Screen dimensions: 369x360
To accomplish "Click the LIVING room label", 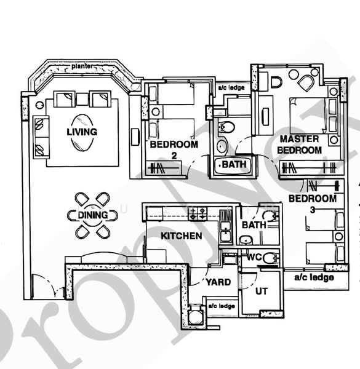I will [x=82, y=132].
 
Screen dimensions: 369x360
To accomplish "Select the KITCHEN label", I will [x=181, y=236].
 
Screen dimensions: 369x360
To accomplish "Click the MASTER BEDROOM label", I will [x=300, y=145].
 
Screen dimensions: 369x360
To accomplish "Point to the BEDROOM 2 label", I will [x=174, y=149].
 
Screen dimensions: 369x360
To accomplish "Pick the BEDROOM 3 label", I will [x=312, y=204].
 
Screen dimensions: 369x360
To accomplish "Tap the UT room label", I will [x=261, y=291].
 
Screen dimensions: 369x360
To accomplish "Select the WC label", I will [x=254, y=258].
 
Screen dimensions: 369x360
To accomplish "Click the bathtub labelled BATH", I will [x=233, y=165].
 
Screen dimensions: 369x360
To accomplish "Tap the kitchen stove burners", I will [x=199, y=214].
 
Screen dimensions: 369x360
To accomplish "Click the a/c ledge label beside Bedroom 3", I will [x=313, y=277].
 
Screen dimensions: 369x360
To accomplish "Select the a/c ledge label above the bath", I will [x=231, y=88].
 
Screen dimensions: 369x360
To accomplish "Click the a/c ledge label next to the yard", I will [x=222, y=306].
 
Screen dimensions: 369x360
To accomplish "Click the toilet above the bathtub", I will [x=226, y=129].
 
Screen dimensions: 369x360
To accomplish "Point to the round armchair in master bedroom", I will [x=306, y=82].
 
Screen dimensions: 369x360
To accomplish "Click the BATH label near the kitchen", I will [x=254, y=225].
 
